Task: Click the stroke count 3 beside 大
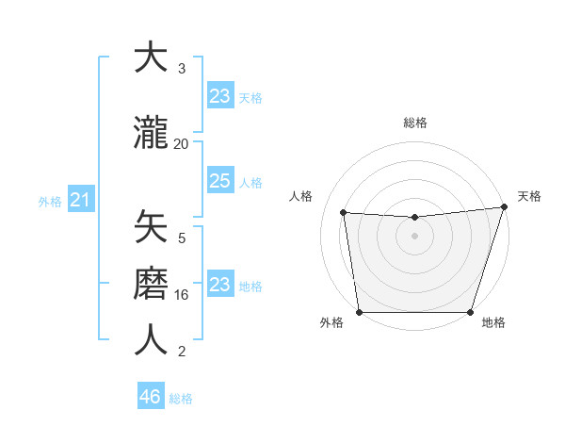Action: click(x=182, y=69)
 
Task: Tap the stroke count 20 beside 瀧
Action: click(x=182, y=143)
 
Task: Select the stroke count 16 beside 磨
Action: click(x=182, y=295)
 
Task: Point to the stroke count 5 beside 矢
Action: click(x=182, y=238)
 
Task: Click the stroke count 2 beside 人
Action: click(x=182, y=352)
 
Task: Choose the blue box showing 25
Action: click(x=219, y=181)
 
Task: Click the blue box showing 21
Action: click(x=80, y=200)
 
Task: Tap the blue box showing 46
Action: click(x=151, y=397)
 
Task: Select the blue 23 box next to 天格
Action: click(x=219, y=96)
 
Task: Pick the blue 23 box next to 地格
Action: click(x=219, y=285)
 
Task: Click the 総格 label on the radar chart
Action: click(x=414, y=123)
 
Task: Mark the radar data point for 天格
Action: click(x=505, y=207)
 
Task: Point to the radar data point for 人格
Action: click(x=344, y=213)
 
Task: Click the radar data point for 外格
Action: click(x=359, y=312)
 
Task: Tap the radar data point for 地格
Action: click(x=470, y=312)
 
